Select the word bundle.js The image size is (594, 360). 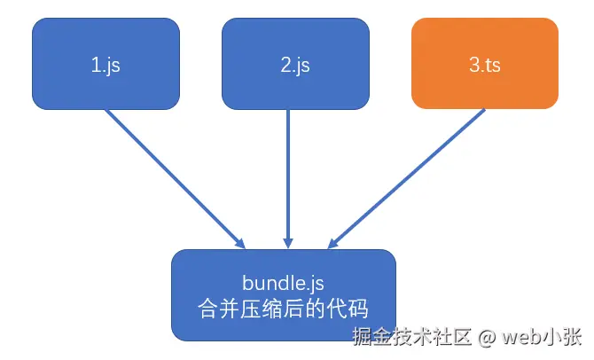click(x=283, y=283)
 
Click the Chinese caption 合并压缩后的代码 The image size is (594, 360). click(x=283, y=308)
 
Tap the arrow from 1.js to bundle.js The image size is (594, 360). click(x=173, y=176)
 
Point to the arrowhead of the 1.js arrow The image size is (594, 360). click(x=239, y=242)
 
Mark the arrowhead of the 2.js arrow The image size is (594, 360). click(x=287, y=241)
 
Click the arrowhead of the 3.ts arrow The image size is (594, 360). click(x=335, y=242)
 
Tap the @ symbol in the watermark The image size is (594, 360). click(x=488, y=338)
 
